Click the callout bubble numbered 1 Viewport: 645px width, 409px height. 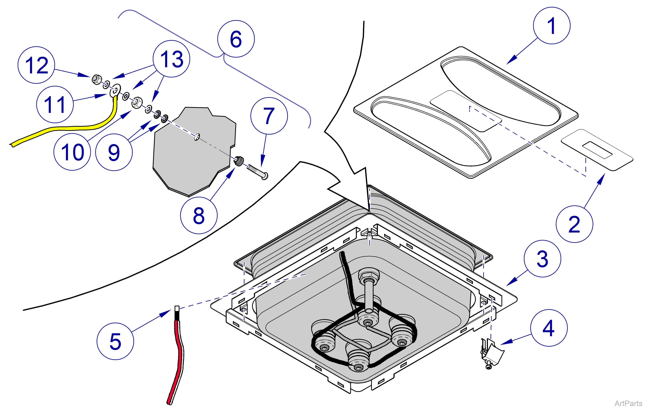(551, 26)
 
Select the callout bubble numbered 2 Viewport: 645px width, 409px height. (574, 224)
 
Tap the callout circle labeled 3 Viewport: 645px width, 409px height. (542, 259)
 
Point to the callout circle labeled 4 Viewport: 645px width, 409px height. (549, 328)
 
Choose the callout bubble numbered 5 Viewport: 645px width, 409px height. (115, 341)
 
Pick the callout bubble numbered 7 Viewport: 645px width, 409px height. (269, 116)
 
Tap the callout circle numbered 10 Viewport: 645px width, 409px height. (72, 152)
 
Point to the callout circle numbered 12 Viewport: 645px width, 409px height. (36, 65)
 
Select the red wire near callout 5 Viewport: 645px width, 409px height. (177, 356)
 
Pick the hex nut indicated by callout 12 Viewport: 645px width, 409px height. (96, 79)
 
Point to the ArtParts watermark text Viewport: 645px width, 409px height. (628, 403)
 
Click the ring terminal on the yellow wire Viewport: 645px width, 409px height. (115, 90)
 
